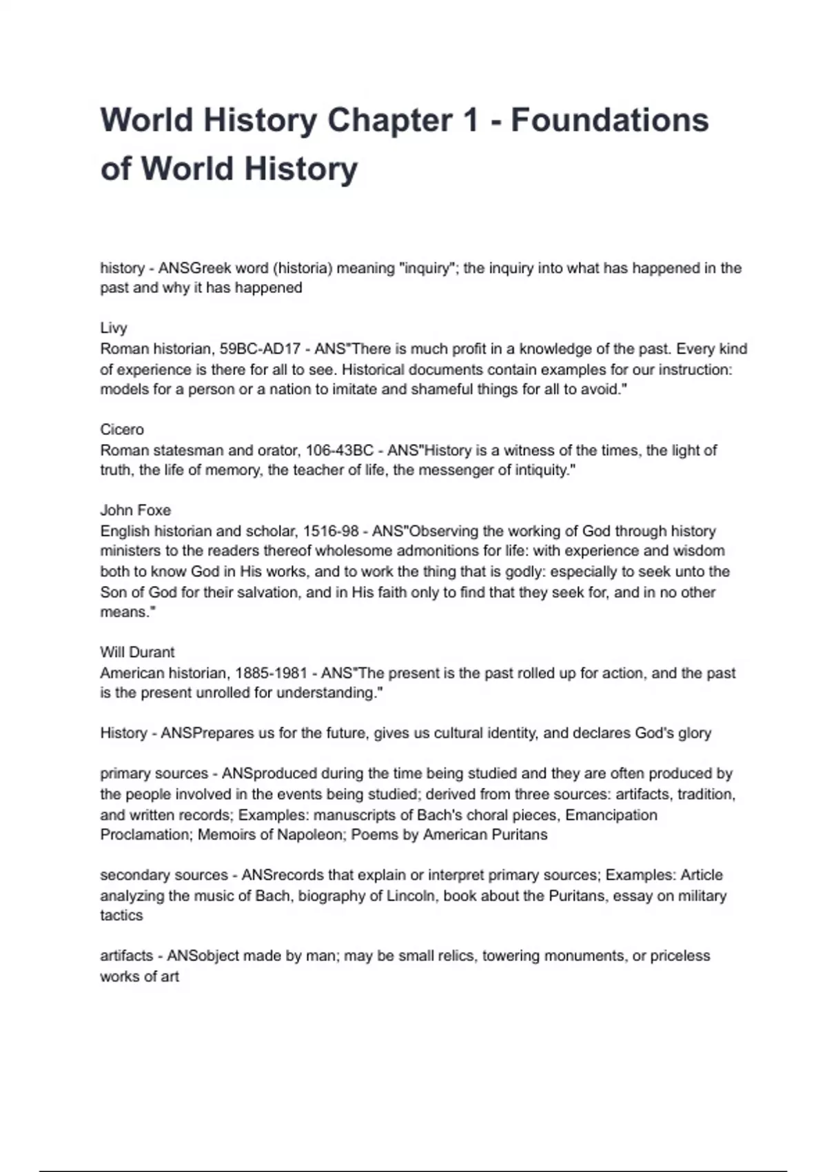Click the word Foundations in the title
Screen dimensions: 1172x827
point(609,120)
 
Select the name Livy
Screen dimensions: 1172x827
point(114,328)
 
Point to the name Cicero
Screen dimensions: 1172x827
point(122,430)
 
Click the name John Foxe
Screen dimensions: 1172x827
point(135,510)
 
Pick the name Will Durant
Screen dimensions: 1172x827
point(137,652)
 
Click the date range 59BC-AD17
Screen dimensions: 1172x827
point(260,349)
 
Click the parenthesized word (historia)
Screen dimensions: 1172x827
point(303,268)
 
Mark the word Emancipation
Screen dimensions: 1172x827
point(611,815)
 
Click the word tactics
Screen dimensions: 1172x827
point(121,916)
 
